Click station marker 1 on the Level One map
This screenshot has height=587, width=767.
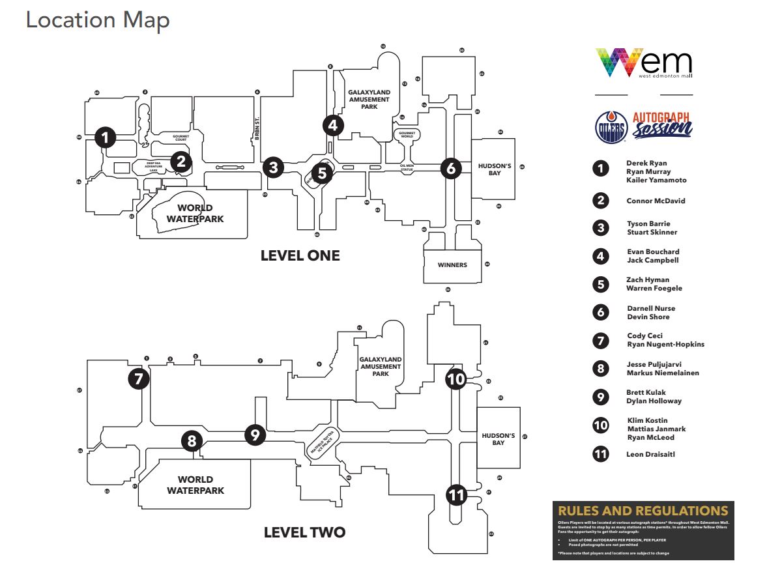(x=105, y=137)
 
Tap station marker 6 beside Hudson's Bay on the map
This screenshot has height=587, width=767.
(x=450, y=168)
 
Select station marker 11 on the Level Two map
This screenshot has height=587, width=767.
(x=456, y=495)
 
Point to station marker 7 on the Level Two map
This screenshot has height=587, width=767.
(x=138, y=379)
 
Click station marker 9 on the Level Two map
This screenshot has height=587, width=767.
(x=255, y=434)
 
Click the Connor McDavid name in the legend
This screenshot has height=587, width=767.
(x=656, y=201)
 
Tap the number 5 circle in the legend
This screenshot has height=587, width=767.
(x=600, y=284)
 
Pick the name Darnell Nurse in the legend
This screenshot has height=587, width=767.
(x=651, y=308)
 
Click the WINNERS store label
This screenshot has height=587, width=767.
(x=452, y=265)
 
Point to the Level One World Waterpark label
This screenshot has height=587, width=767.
(x=195, y=214)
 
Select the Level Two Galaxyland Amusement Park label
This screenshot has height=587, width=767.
(x=381, y=366)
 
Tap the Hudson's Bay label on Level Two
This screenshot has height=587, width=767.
(x=499, y=439)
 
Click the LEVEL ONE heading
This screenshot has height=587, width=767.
(x=300, y=255)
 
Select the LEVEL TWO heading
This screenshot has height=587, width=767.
(x=304, y=532)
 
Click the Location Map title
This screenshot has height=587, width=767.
(x=98, y=20)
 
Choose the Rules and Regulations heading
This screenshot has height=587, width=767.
(x=643, y=511)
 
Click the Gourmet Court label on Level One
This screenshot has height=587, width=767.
(x=181, y=138)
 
